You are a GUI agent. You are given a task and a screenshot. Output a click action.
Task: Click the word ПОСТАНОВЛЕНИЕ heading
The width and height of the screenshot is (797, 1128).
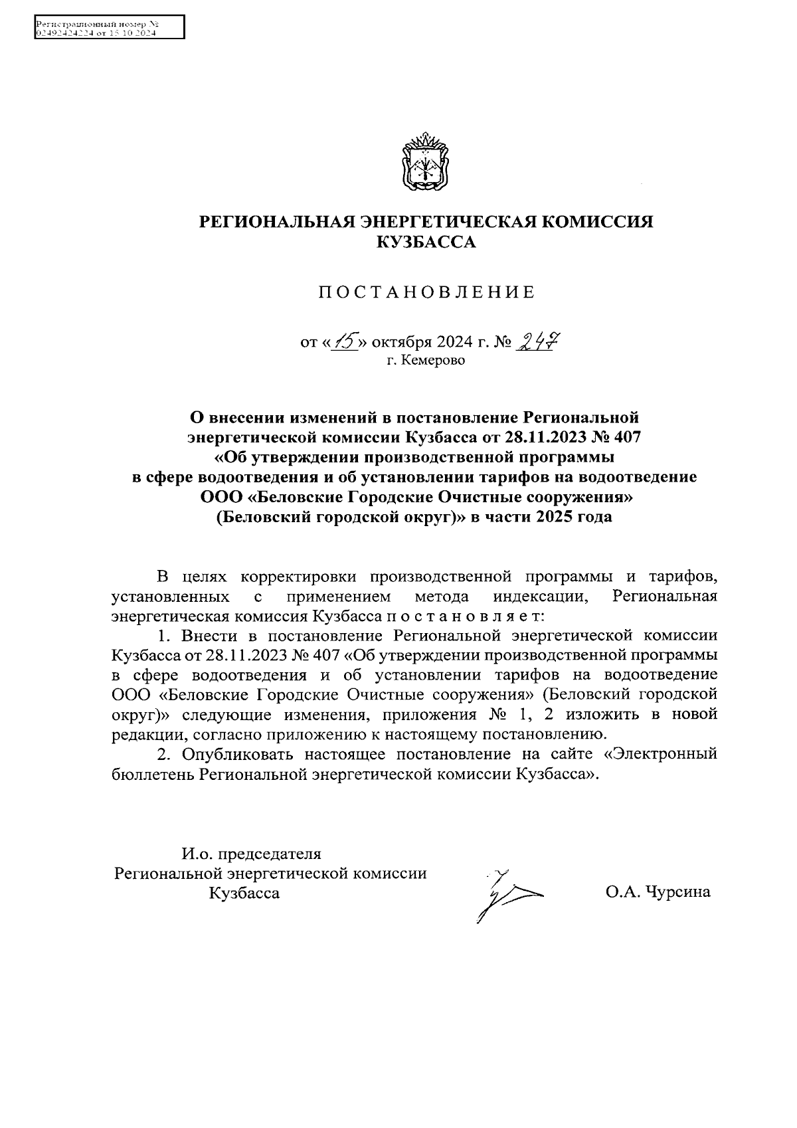(x=426, y=292)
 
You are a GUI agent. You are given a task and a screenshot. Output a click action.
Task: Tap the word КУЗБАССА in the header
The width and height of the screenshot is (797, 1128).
(x=426, y=243)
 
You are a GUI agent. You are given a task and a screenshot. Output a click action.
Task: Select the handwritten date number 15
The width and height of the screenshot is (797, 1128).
(x=347, y=341)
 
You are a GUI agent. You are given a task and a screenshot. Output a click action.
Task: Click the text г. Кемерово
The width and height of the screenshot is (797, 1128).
(x=426, y=361)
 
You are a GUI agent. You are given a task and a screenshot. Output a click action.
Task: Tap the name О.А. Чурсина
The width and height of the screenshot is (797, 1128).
(x=658, y=892)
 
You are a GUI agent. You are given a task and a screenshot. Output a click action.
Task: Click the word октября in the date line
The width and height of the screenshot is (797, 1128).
(x=400, y=343)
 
